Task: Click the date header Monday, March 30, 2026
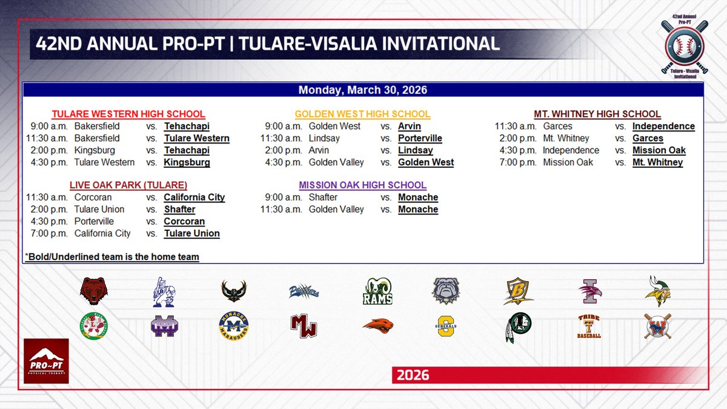click(x=362, y=90)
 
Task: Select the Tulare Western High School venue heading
click(x=128, y=114)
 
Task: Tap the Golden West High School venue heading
click(x=362, y=114)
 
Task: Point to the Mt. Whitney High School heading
click(x=597, y=114)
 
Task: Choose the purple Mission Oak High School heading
click(x=362, y=185)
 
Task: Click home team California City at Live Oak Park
click(x=194, y=198)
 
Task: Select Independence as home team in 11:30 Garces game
click(x=663, y=127)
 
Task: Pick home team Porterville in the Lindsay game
click(x=420, y=139)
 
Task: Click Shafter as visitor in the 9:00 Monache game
click(x=323, y=198)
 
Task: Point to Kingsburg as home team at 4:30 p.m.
click(x=187, y=163)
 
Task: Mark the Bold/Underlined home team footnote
click(x=113, y=257)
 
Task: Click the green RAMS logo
click(x=378, y=291)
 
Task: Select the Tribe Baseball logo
click(x=588, y=326)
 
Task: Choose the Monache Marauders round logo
click(x=234, y=326)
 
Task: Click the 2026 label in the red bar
click(x=413, y=376)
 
